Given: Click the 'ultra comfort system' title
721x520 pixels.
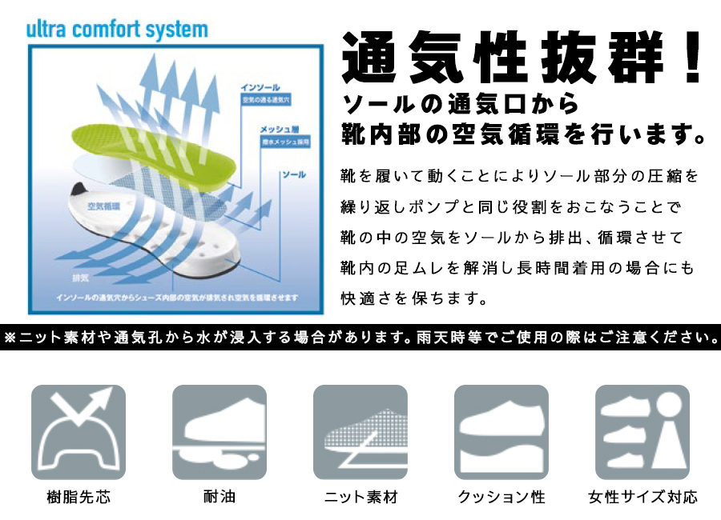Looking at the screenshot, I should pyautogui.click(x=117, y=30).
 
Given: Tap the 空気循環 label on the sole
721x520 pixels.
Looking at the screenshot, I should pyautogui.click(x=103, y=206).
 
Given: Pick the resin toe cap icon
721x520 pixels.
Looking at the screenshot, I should pyautogui.click(x=78, y=432).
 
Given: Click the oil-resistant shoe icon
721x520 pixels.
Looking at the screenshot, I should pyautogui.click(x=220, y=432).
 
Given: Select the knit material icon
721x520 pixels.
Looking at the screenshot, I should pyautogui.click(x=360, y=432).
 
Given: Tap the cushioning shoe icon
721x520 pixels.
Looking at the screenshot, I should pyautogui.click(x=501, y=432).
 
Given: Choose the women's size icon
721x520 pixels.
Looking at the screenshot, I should pyautogui.click(x=642, y=432).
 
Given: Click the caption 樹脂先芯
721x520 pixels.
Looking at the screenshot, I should pyautogui.click(x=78, y=497).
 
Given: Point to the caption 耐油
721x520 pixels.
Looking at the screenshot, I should pyautogui.click(x=220, y=497).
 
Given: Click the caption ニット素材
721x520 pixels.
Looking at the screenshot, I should pyautogui.click(x=360, y=497).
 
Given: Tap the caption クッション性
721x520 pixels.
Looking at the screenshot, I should pyautogui.click(x=501, y=497).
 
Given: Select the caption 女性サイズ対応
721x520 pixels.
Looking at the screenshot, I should pyautogui.click(x=642, y=497).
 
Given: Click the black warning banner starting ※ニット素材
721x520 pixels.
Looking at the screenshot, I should pyautogui.click(x=360, y=337).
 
